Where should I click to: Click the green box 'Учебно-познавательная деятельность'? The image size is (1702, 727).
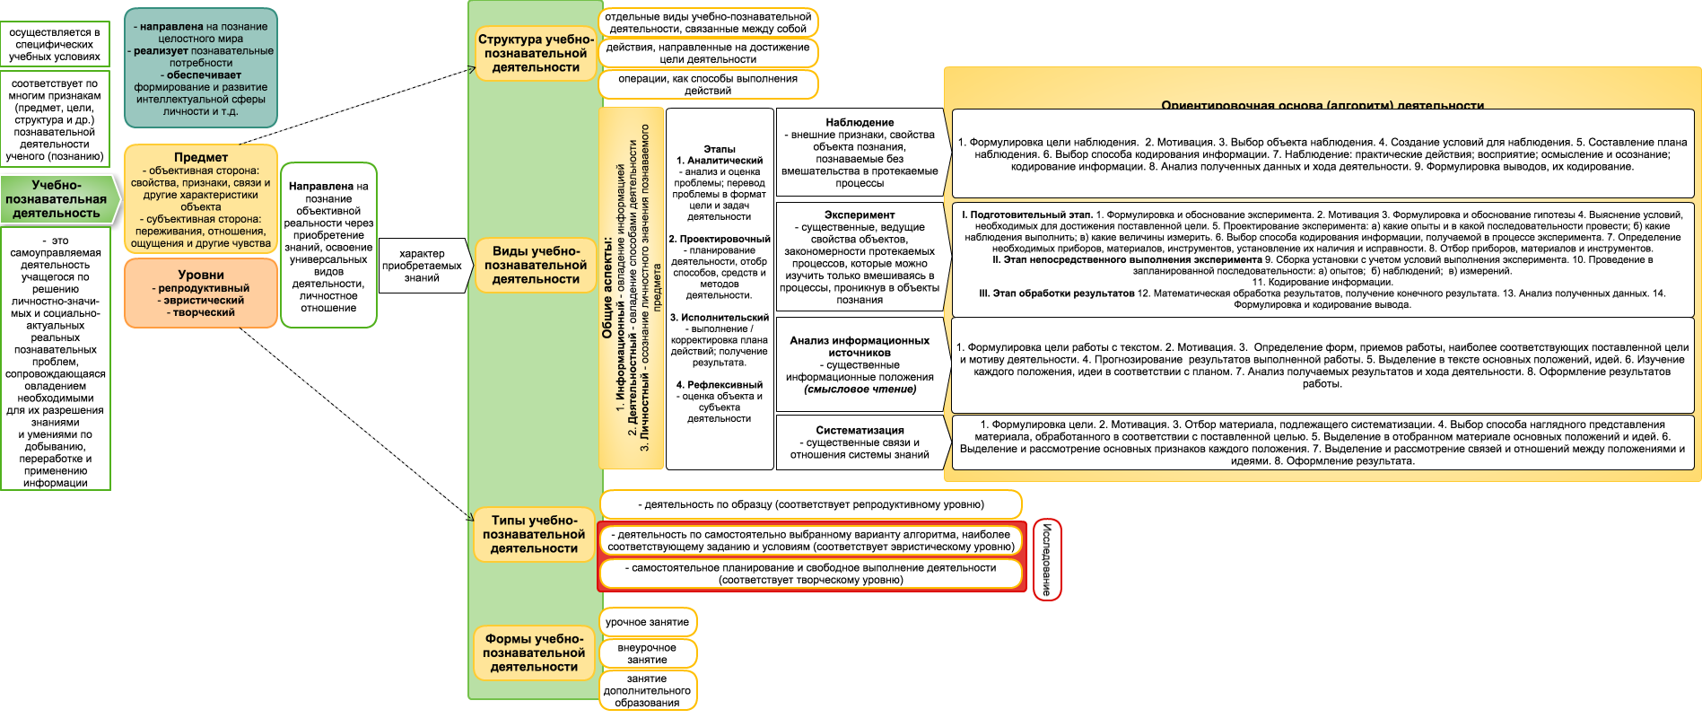coord(57,199)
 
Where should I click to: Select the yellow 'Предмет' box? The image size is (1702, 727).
coord(200,199)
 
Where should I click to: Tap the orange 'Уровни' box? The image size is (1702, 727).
coord(200,293)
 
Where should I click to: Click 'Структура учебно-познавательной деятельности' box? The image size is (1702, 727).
coord(536,53)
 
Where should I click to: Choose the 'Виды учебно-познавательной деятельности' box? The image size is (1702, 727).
coord(536,265)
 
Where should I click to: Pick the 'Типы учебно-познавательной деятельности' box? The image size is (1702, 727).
coord(534,534)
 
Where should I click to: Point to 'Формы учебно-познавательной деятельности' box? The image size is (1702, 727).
coord(534,653)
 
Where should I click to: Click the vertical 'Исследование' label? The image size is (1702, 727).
coord(1047,559)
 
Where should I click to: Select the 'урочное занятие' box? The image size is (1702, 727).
coord(647,622)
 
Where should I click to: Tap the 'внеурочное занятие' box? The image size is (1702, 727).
coord(647,653)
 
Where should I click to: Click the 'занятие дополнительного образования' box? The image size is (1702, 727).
coord(647,691)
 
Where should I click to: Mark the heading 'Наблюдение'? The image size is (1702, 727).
coord(860,122)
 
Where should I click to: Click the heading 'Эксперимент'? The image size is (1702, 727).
coord(860,215)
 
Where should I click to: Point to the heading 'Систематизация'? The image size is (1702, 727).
coord(860,430)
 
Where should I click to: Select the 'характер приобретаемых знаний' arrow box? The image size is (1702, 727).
coord(422,266)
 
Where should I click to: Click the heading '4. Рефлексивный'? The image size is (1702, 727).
coord(720,384)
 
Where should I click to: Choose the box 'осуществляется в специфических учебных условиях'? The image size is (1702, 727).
coord(55,44)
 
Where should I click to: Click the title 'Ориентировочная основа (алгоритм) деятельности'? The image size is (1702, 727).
coord(1322,106)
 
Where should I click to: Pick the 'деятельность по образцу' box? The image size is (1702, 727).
coord(811,504)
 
